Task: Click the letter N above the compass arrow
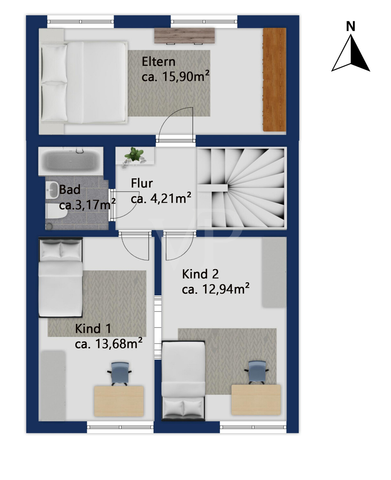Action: click(350, 26)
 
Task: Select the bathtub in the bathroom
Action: click(71, 160)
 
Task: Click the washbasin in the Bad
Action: click(52, 190)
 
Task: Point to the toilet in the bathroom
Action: click(56, 211)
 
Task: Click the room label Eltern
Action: click(158, 62)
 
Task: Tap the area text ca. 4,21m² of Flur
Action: click(161, 198)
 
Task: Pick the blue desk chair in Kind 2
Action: click(257, 372)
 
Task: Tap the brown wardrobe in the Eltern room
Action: click(275, 80)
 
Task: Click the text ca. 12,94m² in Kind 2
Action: click(216, 289)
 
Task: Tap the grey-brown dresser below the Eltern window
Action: click(184, 36)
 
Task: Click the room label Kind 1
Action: click(93, 329)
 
